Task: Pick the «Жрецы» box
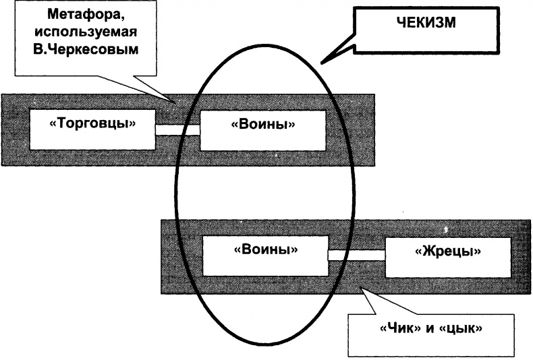click(x=446, y=255)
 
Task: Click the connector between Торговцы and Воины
click(x=178, y=130)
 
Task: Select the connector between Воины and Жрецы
click(x=356, y=255)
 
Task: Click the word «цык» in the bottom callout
click(x=468, y=331)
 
